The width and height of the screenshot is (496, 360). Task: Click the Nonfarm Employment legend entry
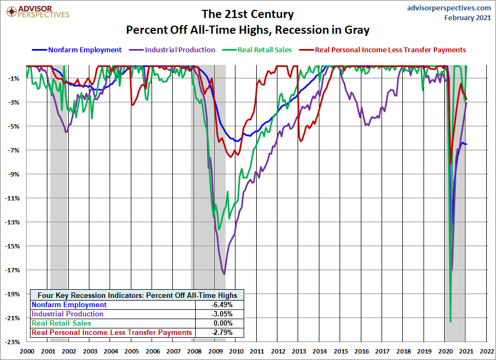pos(84,50)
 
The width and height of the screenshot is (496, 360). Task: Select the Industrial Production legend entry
pos(180,50)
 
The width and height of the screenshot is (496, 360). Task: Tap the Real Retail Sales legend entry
pos(264,50)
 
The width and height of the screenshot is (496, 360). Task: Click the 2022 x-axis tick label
pos(487,351)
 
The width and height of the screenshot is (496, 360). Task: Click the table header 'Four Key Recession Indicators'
pos(137,295)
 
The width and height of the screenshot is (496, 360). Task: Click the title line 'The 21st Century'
pos(247,14)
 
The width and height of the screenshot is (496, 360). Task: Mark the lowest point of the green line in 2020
pos(450,321)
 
